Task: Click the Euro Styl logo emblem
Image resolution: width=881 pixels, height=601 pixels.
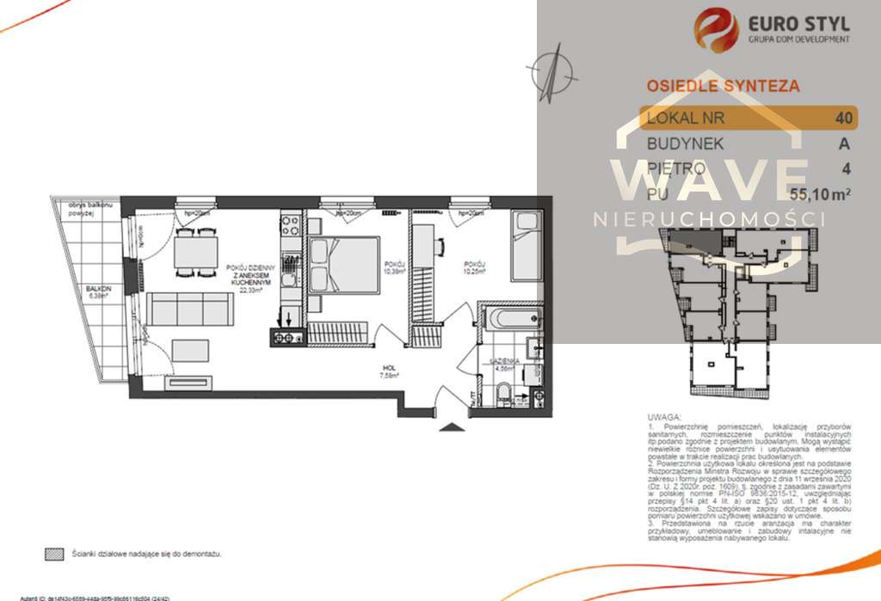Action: (x=716, y=28)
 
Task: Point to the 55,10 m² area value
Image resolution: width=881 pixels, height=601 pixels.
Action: (x=820, y=194)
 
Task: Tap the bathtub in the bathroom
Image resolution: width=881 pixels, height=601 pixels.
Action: (x=508, y=318)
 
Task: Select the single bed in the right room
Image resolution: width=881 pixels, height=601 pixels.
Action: (x=526, y=248)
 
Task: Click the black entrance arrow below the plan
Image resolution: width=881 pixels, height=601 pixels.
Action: (x=450, y=425)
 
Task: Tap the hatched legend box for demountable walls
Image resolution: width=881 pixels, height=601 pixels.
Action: (x=55, y=555)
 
